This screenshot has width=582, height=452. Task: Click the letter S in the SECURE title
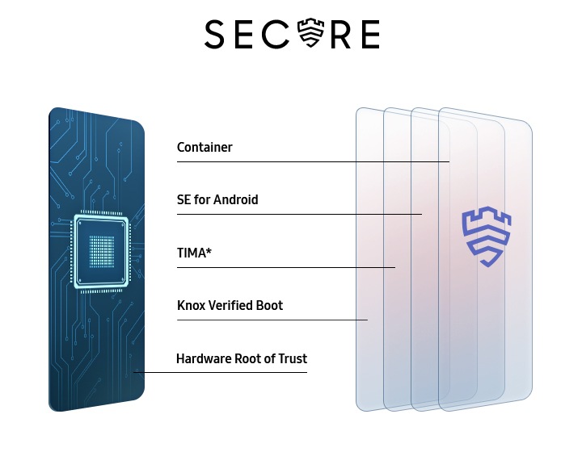216,35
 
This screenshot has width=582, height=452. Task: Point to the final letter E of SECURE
369,35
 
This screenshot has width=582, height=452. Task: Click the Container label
205,147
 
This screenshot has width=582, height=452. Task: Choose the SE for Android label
217,199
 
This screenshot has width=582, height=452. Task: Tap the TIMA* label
194,253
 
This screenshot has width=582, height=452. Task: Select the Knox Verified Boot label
230,305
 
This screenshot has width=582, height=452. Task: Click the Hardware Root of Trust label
242,358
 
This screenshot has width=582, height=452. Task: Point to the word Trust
291,358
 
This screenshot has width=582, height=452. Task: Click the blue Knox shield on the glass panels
487,237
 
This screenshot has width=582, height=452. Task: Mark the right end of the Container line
449,161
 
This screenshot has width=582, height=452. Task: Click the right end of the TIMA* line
395,267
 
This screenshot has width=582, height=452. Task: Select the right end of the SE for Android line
422,214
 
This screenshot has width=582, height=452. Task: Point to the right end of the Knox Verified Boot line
368,320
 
